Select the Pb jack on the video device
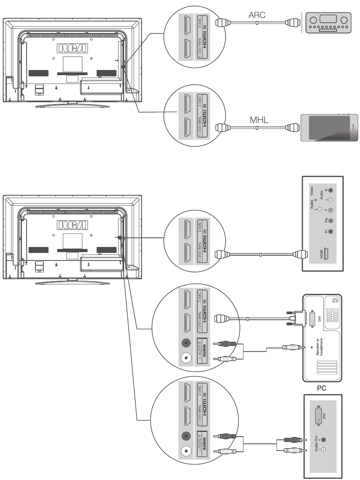330,221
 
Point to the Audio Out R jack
323,440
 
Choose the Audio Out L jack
323,449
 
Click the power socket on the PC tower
334,300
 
